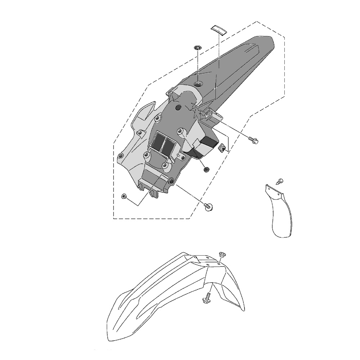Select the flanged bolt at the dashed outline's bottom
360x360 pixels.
(x=208, y=206)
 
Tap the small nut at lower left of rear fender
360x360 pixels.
(x=124, y=196)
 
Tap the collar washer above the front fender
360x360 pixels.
(x=222, y=255)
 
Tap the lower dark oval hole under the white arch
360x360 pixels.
(x=177, y=108)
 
